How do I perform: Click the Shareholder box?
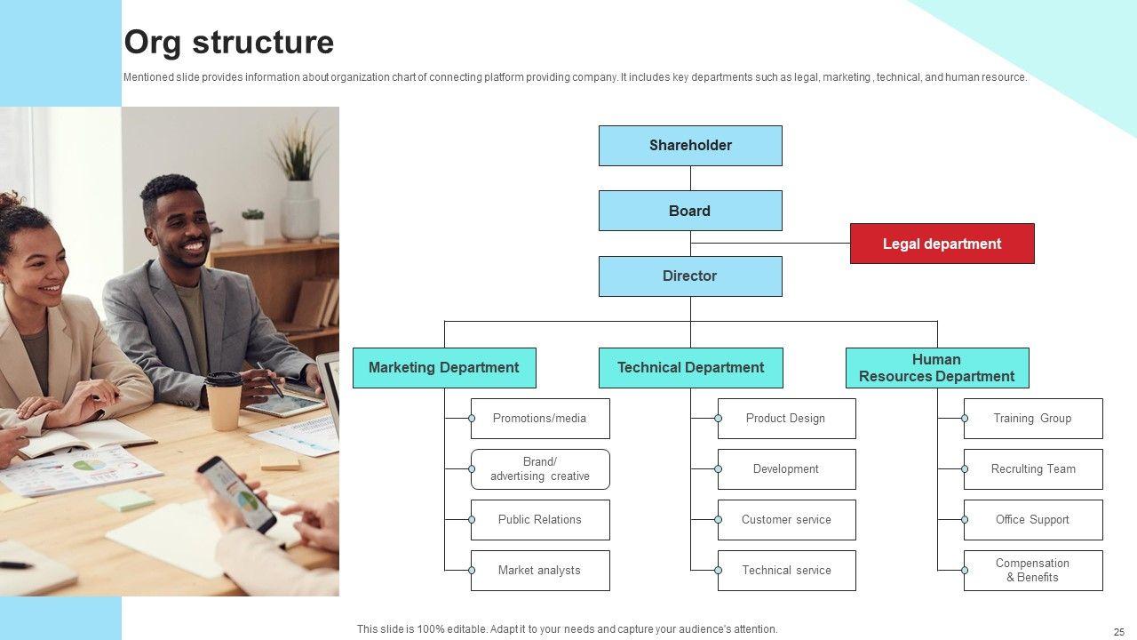(x=690, y=146)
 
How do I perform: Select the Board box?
(x=690, y=211)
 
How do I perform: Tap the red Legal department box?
(x=942, y=244)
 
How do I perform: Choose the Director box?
(x=690, y=276)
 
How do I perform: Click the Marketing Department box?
(x=444, y=368)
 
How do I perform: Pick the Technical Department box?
(x=690, y=368)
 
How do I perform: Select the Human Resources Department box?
(x=937, y=368)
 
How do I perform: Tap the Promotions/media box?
(x=540, y=419)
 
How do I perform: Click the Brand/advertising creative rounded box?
(x=540, y=469)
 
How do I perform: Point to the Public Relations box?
(x=540, y=520)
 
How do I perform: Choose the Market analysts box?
(x=540, y=571)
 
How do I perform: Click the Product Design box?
(x=786, y=419)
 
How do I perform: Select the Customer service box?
(x=786, y=520)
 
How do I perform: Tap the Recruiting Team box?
(x=1033, y=469)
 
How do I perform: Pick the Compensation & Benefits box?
(x=1033, y=571)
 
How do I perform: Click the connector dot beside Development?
(x=719, y=469)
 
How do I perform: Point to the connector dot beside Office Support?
(x=965, y=520)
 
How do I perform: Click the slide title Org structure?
(x=229, y=43)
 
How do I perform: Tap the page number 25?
(x=1118, y=632)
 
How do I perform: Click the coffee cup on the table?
(x=224, y=399)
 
